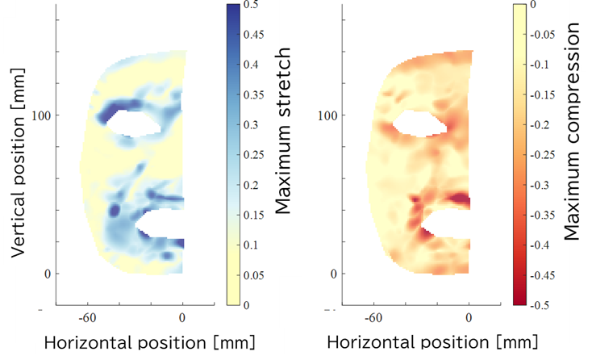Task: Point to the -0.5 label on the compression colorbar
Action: pos(543,305)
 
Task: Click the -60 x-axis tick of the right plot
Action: pos(374,317)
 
